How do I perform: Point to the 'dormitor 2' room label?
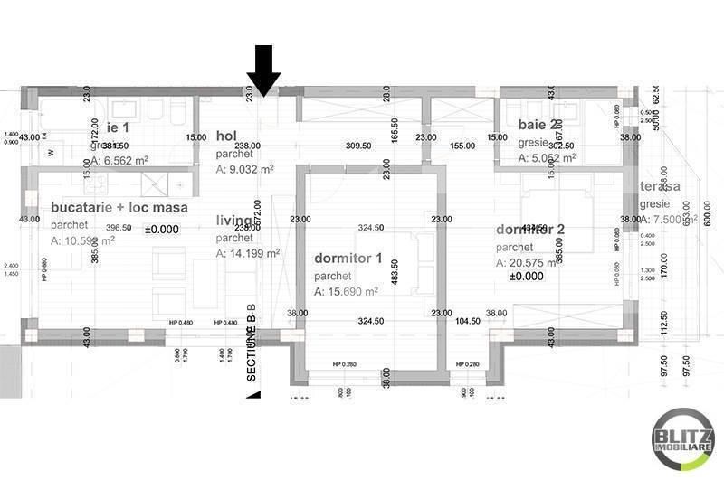530,229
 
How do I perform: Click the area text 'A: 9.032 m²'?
245,167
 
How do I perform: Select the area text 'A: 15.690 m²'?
346,291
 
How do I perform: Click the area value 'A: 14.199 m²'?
247,253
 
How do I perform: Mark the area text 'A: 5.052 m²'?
548,157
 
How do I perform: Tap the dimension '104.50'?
468,321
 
